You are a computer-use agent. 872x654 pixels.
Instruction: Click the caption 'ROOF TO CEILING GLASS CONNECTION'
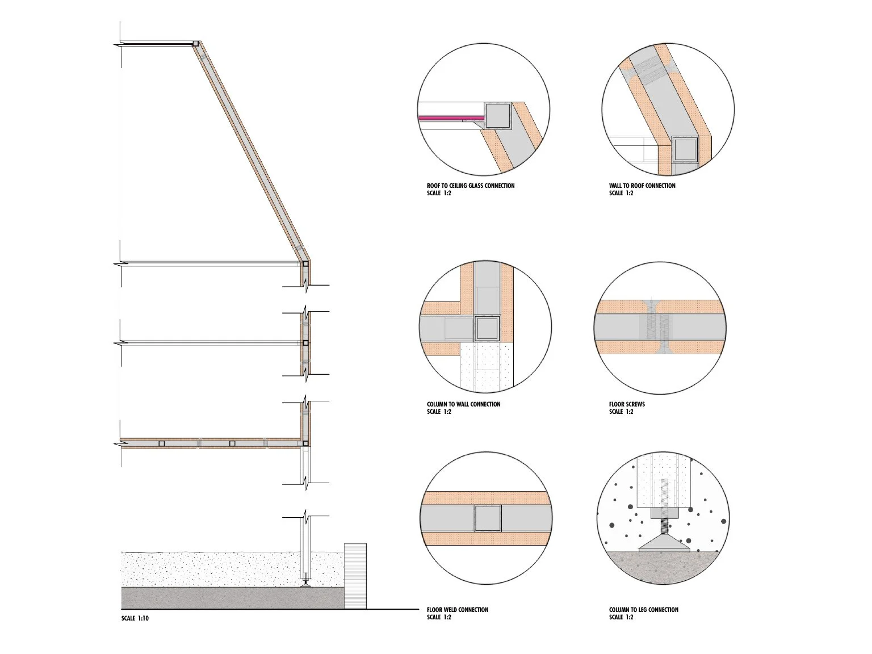pos(471,186)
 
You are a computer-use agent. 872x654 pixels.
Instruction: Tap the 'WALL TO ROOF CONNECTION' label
pos(642,186)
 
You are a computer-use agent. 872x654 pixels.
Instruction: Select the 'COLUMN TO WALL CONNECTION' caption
pos(464,404)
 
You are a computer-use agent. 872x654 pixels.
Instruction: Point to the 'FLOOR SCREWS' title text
pos(627,404)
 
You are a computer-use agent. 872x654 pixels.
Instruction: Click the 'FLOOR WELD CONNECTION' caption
pos(457,610)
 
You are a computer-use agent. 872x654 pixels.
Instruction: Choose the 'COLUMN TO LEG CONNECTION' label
pos(644,610)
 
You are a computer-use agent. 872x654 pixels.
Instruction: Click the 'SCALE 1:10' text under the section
pos(135,618)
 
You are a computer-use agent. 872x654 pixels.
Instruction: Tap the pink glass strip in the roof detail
pos(451,118)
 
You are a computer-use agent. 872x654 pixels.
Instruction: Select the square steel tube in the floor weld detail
pos(488,518)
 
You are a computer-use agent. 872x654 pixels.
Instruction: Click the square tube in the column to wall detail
pos(487,328)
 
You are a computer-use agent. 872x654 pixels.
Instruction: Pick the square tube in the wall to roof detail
pos(685,149)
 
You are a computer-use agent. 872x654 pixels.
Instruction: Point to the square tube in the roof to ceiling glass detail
pos(497,116)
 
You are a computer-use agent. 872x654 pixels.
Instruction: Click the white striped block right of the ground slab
pos(355,576)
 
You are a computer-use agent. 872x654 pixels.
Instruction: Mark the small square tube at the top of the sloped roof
pos(195,43)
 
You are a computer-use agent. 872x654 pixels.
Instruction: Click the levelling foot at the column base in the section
pos(305,583)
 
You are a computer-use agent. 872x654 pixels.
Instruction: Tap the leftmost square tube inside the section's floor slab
pos(161,443)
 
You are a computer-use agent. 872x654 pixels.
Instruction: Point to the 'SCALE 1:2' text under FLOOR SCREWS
pos(621,412)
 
